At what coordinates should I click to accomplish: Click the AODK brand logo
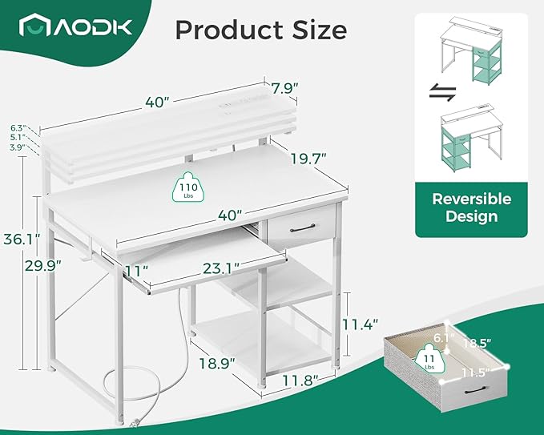pyautogui.click(x=75, y=25)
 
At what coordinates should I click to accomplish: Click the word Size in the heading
pyautogui.click(x=319, y=30)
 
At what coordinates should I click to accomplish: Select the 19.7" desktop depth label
pyautogui.click(x=308, y=159)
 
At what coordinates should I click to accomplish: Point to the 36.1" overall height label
pyautogui.click(x=22, y=240)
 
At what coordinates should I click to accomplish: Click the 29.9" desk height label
pyautogui.click(x=43, y=266)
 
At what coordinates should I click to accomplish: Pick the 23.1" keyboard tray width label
pyautogui.click(x=221, y=268)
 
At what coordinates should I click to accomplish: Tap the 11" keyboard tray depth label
pyautogui.click(x=137, y=271)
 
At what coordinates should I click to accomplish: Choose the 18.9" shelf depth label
pyautogui.click(x=217, y=363)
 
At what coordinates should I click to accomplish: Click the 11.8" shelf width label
pyautogui.click(x=300, y=381)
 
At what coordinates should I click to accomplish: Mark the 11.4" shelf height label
pyautogui.click(x=360, y=324)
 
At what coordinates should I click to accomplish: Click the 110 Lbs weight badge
pyautogui.click(x=188, y=187)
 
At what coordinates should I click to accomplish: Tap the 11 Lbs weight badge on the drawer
pyautogui.click(x=429, y=358)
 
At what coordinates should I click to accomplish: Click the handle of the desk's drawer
pyautogui.click(x=303, y=228)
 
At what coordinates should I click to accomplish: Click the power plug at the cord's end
pyautogui.click(x=135, y=423)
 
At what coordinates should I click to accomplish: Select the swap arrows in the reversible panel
pyautogui.click(x=443, y=93)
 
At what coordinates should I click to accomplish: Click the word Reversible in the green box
pyautogui.click(x=471, y=199)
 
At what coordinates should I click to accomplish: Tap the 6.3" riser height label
pyautogui.click(x=18, y=127)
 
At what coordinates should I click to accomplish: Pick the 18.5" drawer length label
pyautogui.click(x=477, y=343)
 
